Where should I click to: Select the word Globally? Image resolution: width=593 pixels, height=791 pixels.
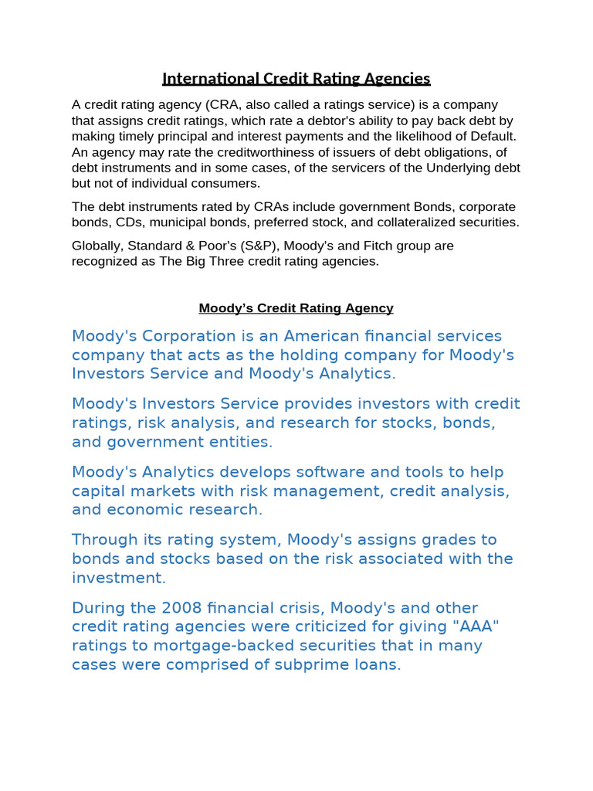[97, 246]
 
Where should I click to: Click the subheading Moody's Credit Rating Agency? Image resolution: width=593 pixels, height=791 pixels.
[296, 308]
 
